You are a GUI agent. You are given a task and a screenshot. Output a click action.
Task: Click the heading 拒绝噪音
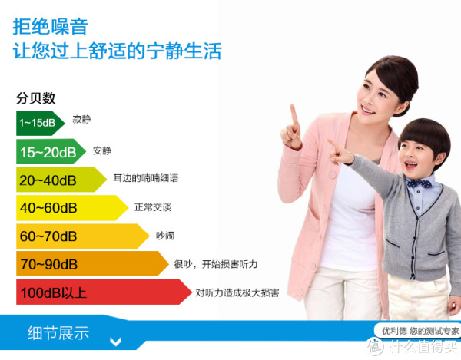pos(50,27)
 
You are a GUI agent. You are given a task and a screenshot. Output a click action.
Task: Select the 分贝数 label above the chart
pos(35,98)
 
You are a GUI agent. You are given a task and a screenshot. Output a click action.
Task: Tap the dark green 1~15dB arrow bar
pos(40,123)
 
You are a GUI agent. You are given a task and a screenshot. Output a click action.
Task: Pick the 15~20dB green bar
pos(51,151)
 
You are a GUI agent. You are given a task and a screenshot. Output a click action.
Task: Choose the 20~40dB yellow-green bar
pos(61,180)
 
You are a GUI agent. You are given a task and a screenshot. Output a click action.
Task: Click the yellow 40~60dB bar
pos(72,208)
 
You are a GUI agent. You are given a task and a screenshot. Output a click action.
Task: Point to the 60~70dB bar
pos(83,236)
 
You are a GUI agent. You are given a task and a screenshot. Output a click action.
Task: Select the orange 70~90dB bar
pos(92,264)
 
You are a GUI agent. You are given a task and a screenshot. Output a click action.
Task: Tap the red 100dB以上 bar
pos(104,292)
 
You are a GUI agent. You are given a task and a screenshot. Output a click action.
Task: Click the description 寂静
pos(81,119)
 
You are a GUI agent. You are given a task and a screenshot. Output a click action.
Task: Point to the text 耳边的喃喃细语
pos(146,178)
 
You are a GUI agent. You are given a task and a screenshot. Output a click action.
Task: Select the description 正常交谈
pos(153,207)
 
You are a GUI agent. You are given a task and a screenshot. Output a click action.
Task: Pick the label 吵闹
pos(165,236)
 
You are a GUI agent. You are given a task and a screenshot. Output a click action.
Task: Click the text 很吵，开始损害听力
pos(215,264)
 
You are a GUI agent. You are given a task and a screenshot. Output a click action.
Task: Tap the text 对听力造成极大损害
pos(237,292)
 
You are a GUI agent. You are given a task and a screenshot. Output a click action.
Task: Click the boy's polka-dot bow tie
pos(420,184)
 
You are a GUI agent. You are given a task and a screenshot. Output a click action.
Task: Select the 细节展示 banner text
pos(58,332)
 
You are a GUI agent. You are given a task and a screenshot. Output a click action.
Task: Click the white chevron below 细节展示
pos(115,342)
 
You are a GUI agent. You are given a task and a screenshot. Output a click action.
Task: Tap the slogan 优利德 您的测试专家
pos(420,332)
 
